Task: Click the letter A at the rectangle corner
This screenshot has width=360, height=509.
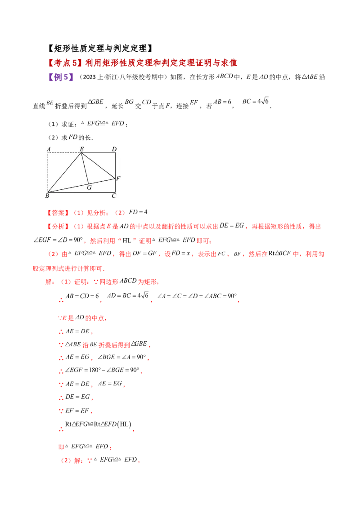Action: pos(48,149)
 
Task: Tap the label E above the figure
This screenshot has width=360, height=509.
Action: pos(81,149)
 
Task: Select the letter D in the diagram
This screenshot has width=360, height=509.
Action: pos(114,149)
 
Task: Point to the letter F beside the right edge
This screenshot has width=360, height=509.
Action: pos(118,179)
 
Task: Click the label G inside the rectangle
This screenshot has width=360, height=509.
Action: pos(89,188)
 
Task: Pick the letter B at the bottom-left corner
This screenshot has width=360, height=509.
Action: pos(47,196)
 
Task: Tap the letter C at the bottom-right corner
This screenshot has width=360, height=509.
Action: pos(114,196)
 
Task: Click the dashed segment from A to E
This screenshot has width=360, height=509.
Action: pos(64,153)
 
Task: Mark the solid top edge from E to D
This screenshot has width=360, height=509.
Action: pos(98,153)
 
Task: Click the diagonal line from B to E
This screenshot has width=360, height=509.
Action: pos(64,173)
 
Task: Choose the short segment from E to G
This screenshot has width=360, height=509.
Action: pos(85,169)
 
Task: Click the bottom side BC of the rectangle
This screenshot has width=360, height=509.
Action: pos(81,192)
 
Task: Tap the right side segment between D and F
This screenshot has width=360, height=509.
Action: pos(115,165)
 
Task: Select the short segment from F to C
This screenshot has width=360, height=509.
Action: pos(115,185)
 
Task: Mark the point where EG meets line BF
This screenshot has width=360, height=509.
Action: pos(88,183)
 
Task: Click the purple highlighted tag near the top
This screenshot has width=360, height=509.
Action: pos(61,77)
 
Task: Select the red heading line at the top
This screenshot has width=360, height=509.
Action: pos(142,63)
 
